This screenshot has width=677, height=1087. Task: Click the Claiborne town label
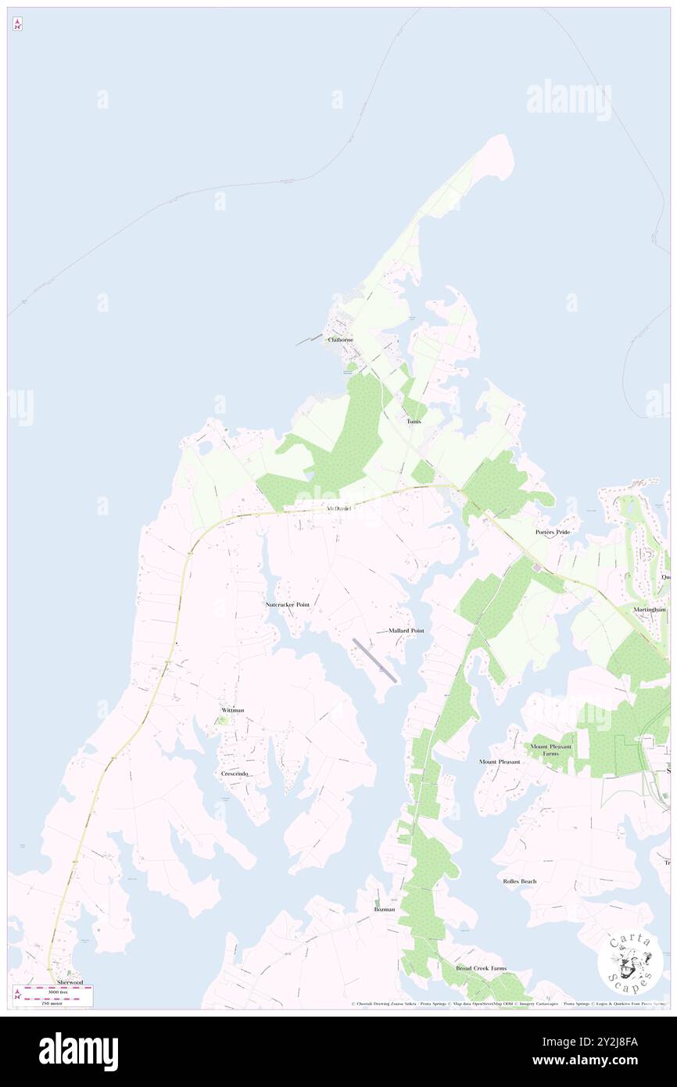pos(341,340)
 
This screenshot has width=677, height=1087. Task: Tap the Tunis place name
pos(414,422)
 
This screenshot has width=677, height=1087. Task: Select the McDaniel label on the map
pos(338,509)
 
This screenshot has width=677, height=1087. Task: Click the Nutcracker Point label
pos(288,604)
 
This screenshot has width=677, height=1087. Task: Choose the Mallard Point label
pos(406,630)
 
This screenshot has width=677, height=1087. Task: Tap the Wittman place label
pos(233,710)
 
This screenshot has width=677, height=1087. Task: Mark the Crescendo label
pos(235,773)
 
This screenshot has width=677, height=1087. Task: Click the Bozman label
pos(384,909)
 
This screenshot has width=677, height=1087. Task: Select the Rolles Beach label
pos(520,881)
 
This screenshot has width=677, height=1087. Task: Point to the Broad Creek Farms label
pos(482,967)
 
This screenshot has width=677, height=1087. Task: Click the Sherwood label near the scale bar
pos(69,981)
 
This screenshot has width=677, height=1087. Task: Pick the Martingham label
pos(650,609)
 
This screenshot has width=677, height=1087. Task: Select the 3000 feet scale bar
pos(56,988)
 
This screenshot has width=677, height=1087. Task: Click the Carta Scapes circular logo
pos(630,961)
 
